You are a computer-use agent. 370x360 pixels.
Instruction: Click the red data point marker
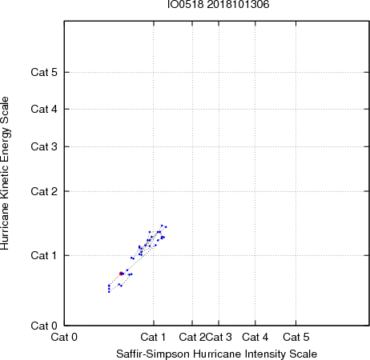121,274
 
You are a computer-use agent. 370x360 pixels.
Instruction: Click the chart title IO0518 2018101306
218,5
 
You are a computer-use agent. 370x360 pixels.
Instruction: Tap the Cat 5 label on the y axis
44,72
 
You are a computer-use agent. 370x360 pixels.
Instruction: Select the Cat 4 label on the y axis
44,109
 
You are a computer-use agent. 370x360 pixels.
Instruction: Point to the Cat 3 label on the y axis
44,146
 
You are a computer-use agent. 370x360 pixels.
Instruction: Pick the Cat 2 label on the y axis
44,191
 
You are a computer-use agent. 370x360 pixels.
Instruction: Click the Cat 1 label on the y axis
44,255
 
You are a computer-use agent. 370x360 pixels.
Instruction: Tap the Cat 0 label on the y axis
44,326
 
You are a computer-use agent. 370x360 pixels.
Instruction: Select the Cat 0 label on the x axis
64,337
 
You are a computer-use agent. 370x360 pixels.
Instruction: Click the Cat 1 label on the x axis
153,337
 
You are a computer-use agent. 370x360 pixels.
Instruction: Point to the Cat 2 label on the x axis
192,337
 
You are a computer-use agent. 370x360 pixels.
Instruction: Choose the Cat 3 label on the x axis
219,337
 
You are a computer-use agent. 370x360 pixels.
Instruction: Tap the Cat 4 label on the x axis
255,337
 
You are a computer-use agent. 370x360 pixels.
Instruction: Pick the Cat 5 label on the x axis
296,337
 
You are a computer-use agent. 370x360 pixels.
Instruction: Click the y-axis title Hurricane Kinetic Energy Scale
5,174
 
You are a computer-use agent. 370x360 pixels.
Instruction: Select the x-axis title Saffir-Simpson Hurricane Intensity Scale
217,354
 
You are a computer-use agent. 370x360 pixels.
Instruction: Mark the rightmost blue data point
166,227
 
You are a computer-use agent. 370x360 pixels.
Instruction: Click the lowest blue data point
109,292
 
